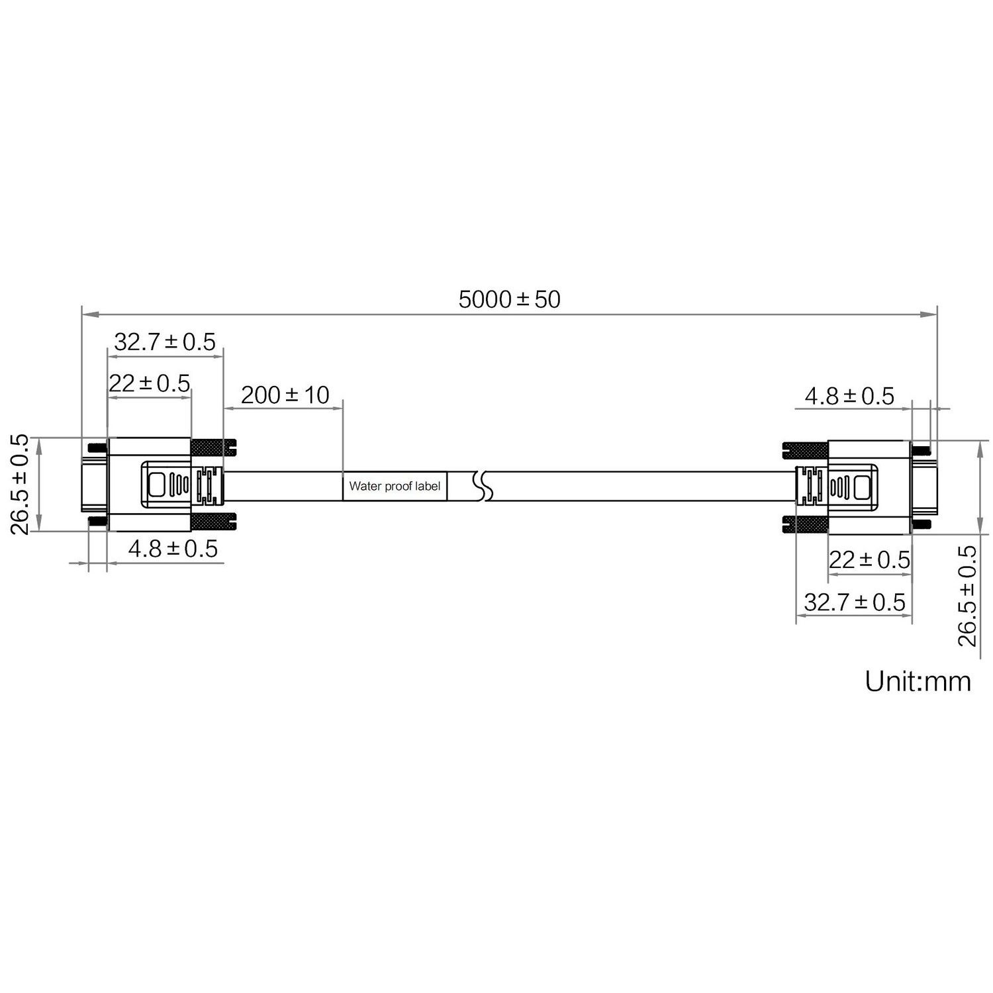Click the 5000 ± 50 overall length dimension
pos(509,300)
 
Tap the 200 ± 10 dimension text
pos(285,395)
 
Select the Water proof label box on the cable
pos(395,486)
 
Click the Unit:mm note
pos(918,681)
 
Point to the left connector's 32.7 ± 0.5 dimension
pos(165,342)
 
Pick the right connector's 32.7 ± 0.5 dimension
pos(854,602)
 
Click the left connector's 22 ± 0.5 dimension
pos(150,383)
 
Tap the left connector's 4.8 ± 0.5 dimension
pos(173,549)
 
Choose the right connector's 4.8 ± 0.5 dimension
pos(849,397)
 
